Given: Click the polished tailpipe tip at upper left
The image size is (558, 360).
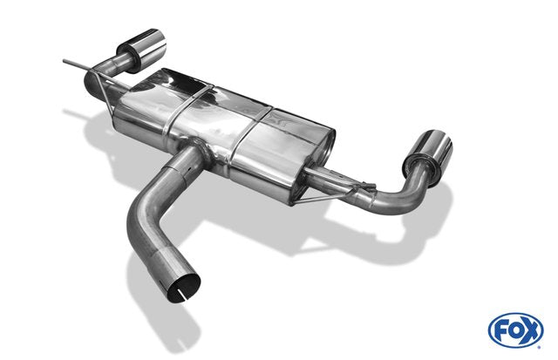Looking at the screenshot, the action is pos(142,50).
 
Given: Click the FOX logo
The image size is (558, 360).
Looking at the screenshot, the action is pos(515,330).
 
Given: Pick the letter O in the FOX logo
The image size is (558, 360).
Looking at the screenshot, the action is pos(515,331).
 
